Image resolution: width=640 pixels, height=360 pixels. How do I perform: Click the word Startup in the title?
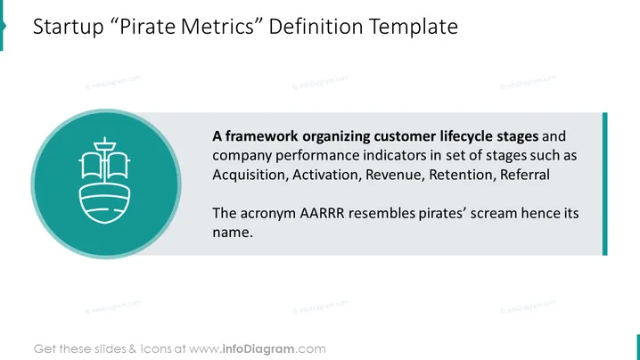(68, 27)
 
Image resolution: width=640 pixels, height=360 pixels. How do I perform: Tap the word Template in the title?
(414, 27)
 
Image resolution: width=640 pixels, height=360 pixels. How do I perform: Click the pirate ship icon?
(104, 180)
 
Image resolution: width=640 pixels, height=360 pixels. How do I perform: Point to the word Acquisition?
(250, 176)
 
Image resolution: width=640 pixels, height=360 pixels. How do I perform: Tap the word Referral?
(525, 175)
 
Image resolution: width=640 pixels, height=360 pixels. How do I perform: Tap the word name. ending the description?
(233, 233)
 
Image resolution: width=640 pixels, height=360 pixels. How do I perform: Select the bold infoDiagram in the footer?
(258, 349)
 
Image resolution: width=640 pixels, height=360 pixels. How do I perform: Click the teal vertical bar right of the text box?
(605, 184)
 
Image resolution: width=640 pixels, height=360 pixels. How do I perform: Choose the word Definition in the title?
(316, 26)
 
